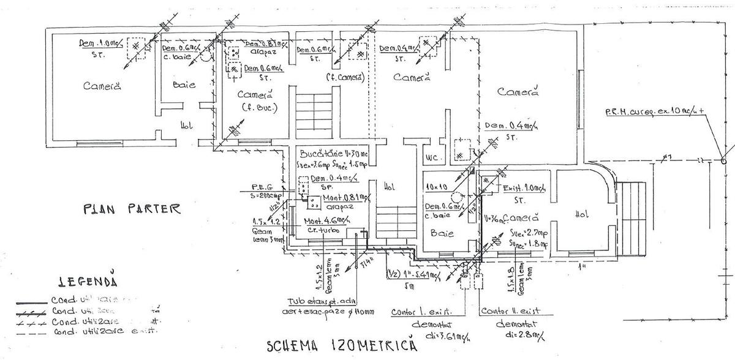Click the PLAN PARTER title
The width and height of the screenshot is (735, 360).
[x=132, y=209]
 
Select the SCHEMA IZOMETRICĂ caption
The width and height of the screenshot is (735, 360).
[x=342, y=345]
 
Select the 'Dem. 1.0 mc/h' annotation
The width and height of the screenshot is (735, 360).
[x=101, y=43]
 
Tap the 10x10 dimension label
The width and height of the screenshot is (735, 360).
[x=440, y=185]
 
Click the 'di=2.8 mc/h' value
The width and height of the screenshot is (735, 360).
[x=516, y=336]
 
